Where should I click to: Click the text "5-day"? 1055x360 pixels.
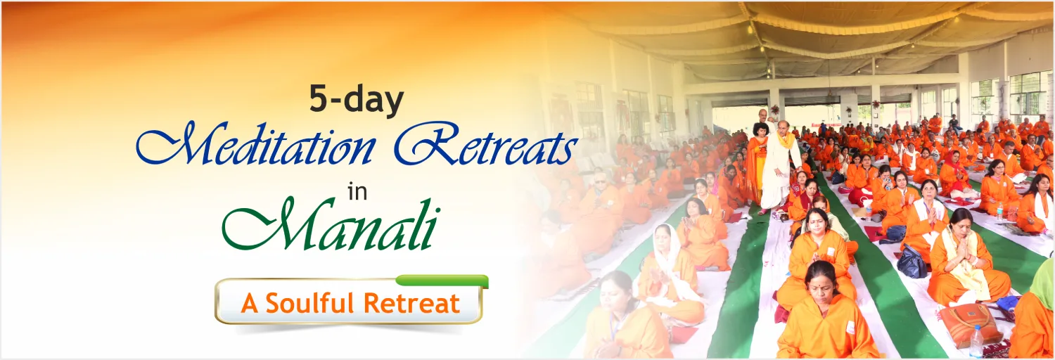coord(357,100)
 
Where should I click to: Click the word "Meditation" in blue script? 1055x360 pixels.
coord(257,145)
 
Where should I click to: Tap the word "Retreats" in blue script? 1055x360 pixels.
coord(486,143)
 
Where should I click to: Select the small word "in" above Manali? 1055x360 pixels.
coord(357,193)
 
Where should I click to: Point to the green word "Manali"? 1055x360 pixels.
coord(330,226)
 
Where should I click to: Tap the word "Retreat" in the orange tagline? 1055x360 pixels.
coord(411,303)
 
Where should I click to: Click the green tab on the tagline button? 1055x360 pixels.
coord(442,281)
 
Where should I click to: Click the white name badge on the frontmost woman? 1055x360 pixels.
coord(850,326)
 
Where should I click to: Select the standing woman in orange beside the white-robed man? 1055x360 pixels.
coord(756,162)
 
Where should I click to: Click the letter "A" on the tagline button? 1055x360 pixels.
coord(250,304)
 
